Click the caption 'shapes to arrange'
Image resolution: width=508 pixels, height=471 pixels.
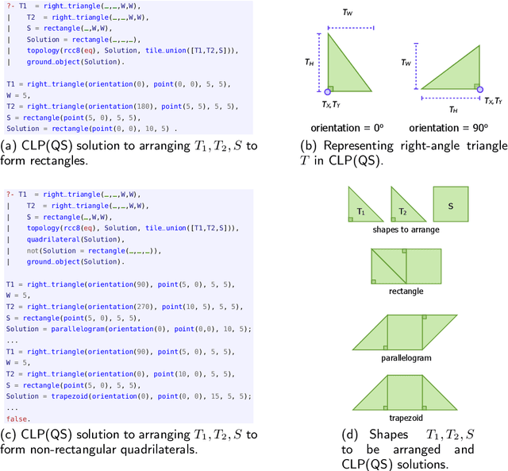point(406,230)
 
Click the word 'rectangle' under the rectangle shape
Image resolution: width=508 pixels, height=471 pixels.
point(406,291)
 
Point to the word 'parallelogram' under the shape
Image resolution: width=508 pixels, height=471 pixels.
point(406,358)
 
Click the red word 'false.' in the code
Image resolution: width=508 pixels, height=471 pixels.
point(17,419)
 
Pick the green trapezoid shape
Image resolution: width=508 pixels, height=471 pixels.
point(406,392)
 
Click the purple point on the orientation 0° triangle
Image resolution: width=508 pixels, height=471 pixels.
point(327,92)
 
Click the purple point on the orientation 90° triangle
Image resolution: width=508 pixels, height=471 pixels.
point(481,92)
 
